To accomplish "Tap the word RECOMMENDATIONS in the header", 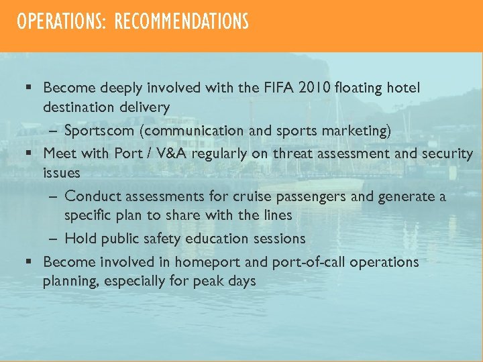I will pos(182,22).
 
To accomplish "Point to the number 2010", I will pos(315,88).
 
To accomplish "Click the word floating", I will pos(362,88).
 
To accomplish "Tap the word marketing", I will pos(360,131).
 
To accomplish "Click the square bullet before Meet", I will pos(30,154).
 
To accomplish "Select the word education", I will pos(219,239).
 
